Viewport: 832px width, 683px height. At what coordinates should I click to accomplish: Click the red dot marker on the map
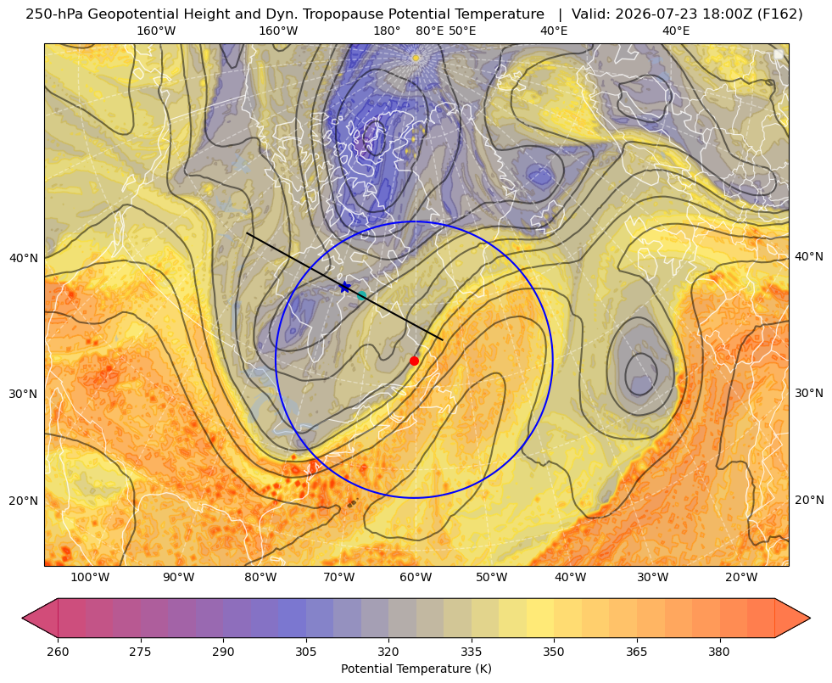point(414,361)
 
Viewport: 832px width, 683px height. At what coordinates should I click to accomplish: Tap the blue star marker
point(345,287)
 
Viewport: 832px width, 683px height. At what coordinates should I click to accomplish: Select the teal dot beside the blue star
point(361,295)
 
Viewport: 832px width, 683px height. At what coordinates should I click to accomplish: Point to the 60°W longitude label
point(416,578)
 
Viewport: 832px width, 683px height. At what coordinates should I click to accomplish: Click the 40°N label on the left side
point(24,258)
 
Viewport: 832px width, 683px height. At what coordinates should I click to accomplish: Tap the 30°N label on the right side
point(809,393)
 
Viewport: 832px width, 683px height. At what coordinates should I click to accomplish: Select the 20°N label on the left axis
point(24,501)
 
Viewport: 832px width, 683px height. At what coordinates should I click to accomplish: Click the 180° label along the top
point(387,31)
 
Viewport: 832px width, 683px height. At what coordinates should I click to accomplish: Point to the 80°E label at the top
point(430,31)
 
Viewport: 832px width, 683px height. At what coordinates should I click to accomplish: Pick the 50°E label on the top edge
point(462,31)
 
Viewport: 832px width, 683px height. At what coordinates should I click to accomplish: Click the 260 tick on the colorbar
point(58,652)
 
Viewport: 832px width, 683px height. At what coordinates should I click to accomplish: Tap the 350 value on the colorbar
point(554,652)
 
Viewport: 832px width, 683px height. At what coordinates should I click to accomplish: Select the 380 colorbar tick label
point(719,652)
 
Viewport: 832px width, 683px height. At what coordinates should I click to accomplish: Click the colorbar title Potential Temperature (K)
point(416,669)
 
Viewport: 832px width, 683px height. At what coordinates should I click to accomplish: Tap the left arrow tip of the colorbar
point(23,618)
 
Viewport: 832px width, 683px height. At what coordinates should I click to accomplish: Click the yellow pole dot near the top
point(416,58)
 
